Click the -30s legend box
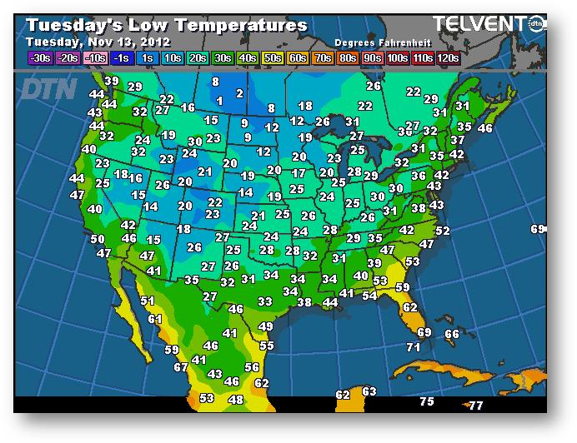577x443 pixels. pos(39,57)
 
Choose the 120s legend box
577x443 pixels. pos(447,57)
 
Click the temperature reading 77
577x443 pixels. pos(475,406)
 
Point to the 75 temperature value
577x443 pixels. pos(426,401)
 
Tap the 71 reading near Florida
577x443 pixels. pos(413,346)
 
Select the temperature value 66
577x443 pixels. pos(451,334)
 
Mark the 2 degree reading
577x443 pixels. pos(239,93)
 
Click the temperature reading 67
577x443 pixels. pos(181,367)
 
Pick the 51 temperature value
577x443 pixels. pos(148,301)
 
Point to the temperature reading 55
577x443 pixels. pos(266,345)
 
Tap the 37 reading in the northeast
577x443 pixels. pos(458,141)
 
